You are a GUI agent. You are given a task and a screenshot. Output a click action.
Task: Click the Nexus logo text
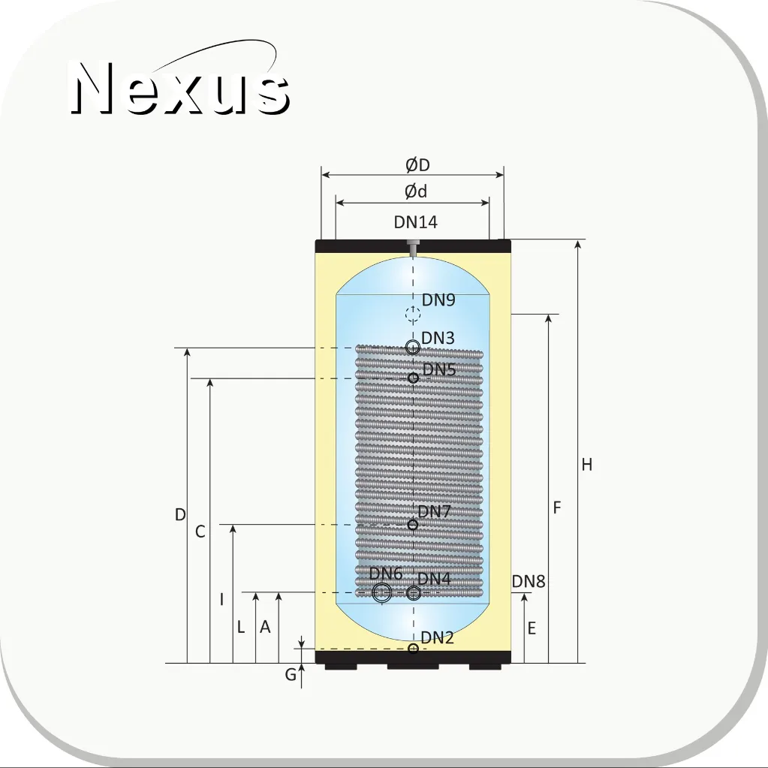coord(180,88)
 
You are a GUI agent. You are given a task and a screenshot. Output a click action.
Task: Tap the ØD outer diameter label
coord(418,165)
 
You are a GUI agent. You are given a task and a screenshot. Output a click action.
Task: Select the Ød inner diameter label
coord(416,191)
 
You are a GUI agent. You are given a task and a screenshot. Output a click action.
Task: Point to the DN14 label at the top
coord(415,222)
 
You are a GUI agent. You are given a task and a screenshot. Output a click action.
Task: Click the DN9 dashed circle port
coord(413,314)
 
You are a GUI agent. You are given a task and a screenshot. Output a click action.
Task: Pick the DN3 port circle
coord(413,348)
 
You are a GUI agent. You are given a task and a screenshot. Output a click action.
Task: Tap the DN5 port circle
coord(414,378)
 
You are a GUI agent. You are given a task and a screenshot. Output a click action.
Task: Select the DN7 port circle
coord(413,525)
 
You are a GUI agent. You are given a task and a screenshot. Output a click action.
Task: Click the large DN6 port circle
coord(382,592)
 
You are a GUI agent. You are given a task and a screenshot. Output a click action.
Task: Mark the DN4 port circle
coord(414,593)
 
